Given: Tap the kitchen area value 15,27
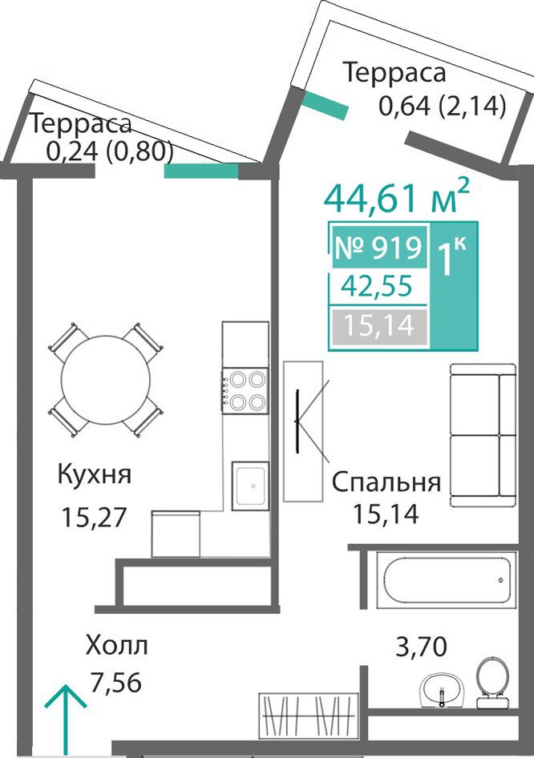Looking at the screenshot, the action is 94,517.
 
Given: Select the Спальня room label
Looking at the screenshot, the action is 386,483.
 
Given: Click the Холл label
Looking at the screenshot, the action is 116,645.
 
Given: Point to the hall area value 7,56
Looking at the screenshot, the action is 116,683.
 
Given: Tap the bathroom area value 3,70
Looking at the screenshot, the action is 421,647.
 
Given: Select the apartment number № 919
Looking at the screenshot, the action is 378,248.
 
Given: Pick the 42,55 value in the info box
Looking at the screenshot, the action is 377,286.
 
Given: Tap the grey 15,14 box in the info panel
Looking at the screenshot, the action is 378,326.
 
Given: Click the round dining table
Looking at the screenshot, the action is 106,380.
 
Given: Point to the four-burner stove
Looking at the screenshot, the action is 245,390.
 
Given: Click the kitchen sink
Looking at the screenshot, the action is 249,486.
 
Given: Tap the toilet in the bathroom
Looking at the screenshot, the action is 492,683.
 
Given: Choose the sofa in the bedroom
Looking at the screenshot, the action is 483,435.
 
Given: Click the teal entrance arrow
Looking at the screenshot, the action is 65,720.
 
